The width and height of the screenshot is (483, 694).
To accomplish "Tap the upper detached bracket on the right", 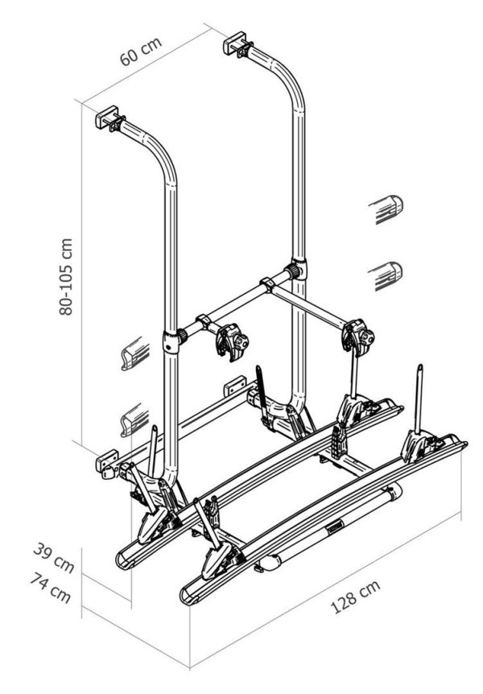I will point(387,209).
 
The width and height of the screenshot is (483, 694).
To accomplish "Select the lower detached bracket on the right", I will point(387,275).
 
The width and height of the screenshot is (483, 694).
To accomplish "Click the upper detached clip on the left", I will point(134,354).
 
